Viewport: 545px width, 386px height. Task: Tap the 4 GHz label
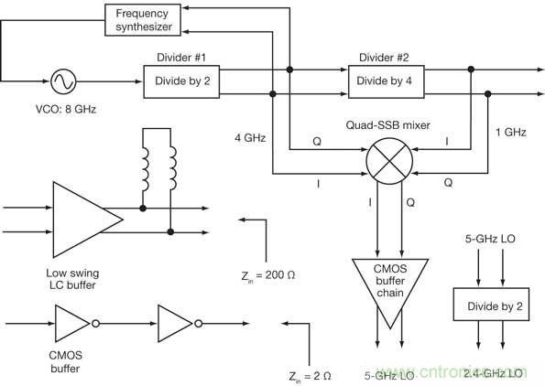(x=249, y=138)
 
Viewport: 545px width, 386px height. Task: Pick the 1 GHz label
(x=510, y=133)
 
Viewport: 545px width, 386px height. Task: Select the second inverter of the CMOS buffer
(x=174, y=322)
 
